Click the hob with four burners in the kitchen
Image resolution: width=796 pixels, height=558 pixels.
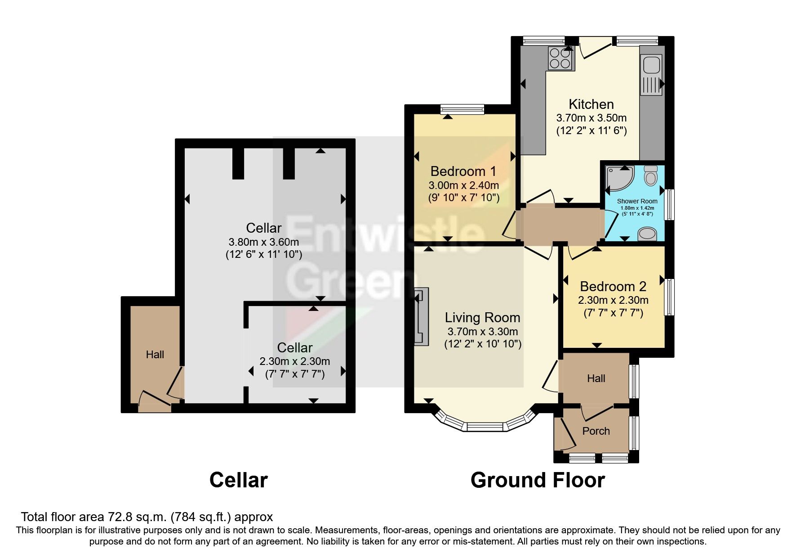tap(560, 58)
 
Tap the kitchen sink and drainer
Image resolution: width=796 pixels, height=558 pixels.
tap(651, 75)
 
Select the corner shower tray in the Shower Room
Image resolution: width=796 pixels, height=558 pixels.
tap(618, 177)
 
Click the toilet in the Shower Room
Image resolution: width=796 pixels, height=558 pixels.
tap(650, 175)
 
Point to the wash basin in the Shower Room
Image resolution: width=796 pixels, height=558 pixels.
tap(647, 234)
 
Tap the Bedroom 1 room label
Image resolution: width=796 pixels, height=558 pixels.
tap(463, 171)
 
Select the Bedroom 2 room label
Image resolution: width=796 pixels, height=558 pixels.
tap(613, 286)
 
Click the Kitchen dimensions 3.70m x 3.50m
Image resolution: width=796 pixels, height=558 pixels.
tap(591, 118)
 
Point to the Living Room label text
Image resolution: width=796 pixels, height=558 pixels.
tap(482, 318)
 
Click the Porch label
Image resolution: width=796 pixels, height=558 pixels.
tap(596, 431)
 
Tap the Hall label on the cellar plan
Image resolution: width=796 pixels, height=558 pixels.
tap(155, 355)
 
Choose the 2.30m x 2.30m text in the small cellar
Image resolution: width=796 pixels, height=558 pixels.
tap(294, 361)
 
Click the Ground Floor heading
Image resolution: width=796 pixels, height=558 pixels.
tap(537, 480)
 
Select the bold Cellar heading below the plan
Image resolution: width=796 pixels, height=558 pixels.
tap(238, 480)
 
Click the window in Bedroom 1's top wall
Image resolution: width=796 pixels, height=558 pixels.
tap(462, 108)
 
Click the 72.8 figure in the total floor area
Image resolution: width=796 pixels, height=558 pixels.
tap(121, 517)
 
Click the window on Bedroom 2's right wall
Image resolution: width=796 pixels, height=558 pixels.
tap(669, 297)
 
